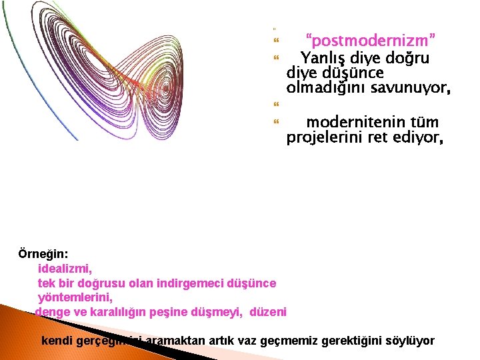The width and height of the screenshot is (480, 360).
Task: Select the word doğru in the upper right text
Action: (x=404, y=58)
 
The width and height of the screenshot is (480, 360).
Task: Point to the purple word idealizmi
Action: (x=65, y=269)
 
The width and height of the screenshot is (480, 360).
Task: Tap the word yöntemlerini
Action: (x=75, y=297)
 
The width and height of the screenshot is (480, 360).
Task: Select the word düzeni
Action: (x=268, y=311)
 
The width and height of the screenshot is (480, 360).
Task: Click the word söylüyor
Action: (x=410, y=341)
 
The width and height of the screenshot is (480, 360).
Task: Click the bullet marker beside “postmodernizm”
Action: (x=275, y=41)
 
